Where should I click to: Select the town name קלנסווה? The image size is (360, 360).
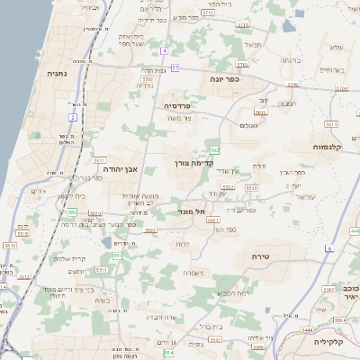point(310,147)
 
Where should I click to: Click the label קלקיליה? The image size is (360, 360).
point(329,343)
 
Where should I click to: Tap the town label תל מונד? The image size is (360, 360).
point(193,212)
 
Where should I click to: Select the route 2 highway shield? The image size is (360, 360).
point(72,117)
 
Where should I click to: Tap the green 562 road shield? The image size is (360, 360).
point(214,149)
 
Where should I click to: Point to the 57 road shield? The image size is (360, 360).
point(175,68)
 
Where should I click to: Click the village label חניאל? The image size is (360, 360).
point(253,43)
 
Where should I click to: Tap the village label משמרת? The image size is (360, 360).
point(193,273)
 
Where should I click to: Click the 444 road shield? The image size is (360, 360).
point(342,89)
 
